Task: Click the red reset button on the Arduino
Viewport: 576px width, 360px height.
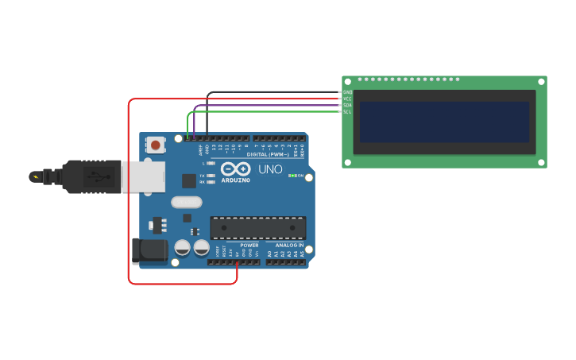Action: (156, 145)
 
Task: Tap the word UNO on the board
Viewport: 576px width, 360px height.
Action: (270, 169)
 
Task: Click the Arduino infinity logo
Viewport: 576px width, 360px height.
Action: (236, 169)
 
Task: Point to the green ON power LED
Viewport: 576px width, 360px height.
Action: (296, 176)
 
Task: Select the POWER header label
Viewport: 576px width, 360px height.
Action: (249, 246)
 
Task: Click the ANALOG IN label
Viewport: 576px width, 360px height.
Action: (289, 246)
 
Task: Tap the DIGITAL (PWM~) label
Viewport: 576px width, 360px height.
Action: (268, 154)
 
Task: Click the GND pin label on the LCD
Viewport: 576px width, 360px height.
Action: (347, 92)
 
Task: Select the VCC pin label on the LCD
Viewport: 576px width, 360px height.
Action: (347, 99)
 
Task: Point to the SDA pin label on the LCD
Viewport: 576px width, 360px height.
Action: (347, 105)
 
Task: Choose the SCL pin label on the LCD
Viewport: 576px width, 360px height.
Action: (347, 111)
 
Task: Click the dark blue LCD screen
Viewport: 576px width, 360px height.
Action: (444, 122)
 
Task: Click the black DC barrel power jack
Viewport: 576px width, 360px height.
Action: (149, 252)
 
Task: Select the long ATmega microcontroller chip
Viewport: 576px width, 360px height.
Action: (257, 228)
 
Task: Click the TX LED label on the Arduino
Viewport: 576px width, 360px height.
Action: (202, 175)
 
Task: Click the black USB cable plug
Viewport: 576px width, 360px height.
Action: (92, 176)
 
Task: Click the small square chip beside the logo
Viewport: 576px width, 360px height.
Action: (188, 180)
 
